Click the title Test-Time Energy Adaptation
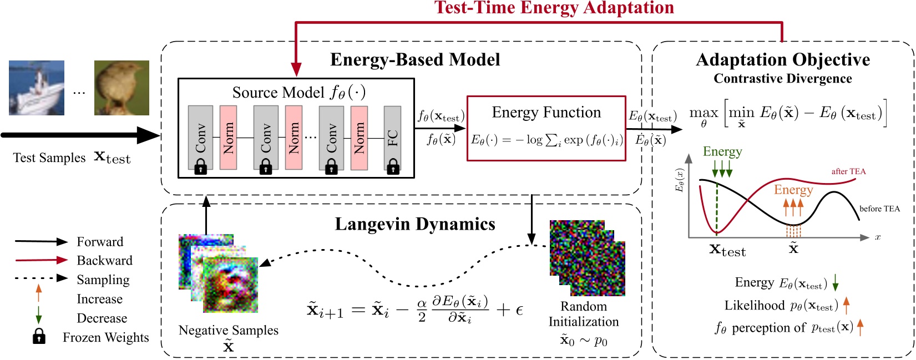[554, 8]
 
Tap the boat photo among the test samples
[37, 88]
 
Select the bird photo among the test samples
[122, 88]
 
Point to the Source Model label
[298, 92]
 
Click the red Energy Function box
[546, 128]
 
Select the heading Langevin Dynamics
[415, 224]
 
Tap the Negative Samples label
[228, 330]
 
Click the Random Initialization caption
[584, 314]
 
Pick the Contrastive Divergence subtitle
[782, 79]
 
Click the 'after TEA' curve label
[848, 171]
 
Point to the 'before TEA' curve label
[879, 209]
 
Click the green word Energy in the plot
[722, 152]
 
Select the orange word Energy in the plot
[793, 190]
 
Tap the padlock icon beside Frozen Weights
[39, 336]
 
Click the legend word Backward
[104, 261]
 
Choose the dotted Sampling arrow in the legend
[41, 278]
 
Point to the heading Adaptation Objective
[782, 60]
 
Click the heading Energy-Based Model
[415, 60]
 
